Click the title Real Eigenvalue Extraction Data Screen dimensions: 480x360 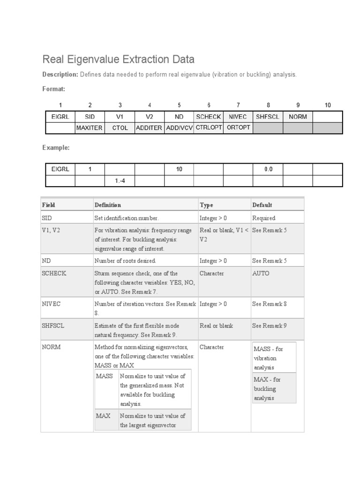[118, 60]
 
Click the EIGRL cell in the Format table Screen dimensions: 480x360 [60, 117]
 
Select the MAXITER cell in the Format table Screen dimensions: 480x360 [89, 128]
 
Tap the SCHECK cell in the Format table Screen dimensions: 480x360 [209, 117]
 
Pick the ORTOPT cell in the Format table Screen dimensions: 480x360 [238, 128]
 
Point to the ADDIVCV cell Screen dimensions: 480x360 [179, 128]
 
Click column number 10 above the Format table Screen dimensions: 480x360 [327, 105]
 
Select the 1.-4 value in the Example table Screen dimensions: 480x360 [120, 180]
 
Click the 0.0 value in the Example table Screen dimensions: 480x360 [268, 169]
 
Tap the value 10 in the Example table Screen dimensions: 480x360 [179, 169]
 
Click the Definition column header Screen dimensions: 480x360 [108, 205]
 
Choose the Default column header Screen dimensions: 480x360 [262, 205]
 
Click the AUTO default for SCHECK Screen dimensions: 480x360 [261, 273]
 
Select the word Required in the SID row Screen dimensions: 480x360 [263, 218]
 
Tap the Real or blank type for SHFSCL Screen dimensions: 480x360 [216, 325]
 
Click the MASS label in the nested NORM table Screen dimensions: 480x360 [105, 376]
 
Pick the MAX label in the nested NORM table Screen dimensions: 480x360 [103, 416]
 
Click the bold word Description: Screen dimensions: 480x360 [60, 75]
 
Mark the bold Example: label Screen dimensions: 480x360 [56, 147]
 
